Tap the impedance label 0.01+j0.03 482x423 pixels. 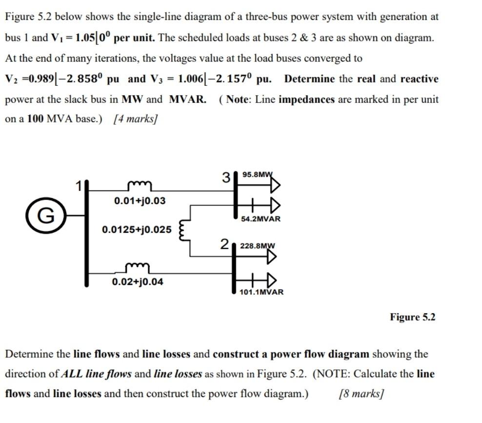coord(140,201)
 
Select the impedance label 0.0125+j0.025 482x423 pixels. coord(137,229)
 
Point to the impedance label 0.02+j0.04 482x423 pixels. coord(138,282)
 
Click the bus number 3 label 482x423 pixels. coord(226,177)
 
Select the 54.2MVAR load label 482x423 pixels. coord(261,219)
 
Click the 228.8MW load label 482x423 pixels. coord(258,246)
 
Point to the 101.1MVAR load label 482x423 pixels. coord(261,292)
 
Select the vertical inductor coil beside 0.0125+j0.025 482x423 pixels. coord(184,230)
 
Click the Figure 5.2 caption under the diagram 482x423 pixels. coord(412,317)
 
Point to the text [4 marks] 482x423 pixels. coord(135,120)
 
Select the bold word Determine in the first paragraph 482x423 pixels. coord(309,79)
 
